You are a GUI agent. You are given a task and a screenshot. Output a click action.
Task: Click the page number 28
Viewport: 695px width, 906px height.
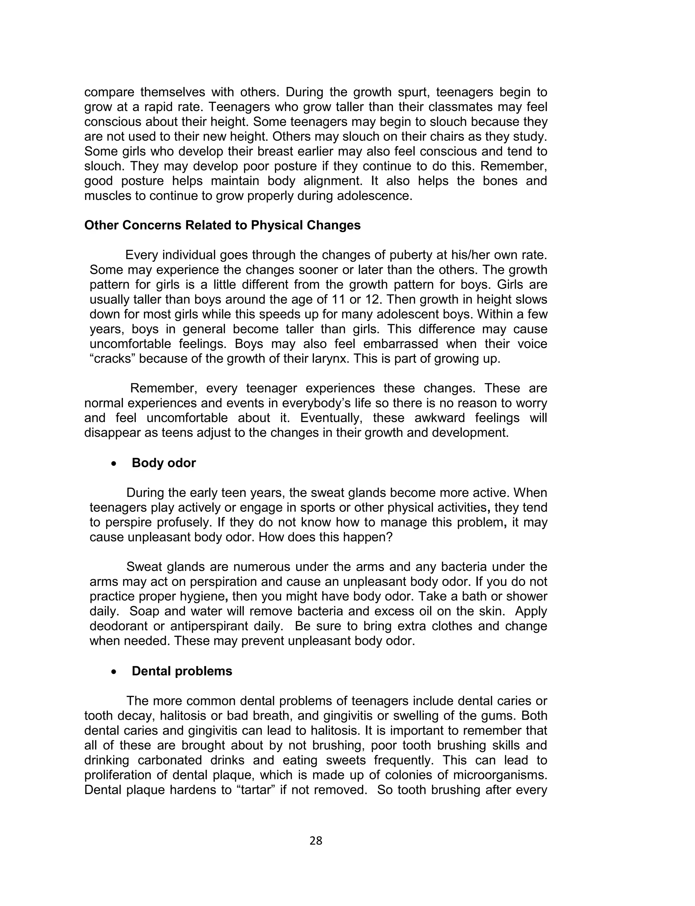[x=316, y=840]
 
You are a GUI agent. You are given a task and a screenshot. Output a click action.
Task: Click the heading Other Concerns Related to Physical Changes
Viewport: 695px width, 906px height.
[x=222, y=225]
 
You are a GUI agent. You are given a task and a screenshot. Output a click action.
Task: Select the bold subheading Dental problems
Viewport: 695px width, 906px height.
[x=182, y=671]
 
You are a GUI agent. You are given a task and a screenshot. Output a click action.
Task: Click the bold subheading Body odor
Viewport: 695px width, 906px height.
[x=164, y=463]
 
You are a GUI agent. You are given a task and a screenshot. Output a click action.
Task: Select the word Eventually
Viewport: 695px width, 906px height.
[x=331, y=418]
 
